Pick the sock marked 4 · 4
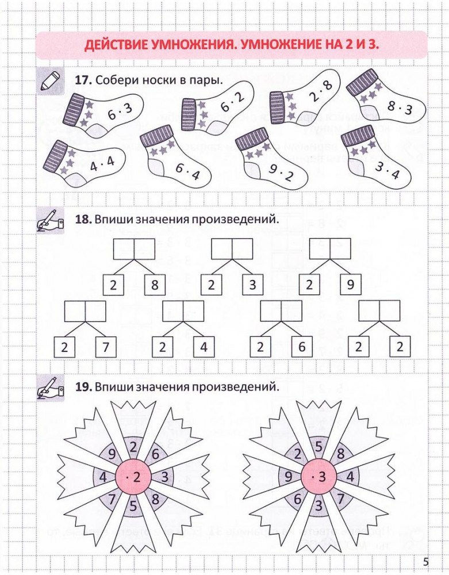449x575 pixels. pos(86,164)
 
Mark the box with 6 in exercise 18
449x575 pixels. pos(301,347)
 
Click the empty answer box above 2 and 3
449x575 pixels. pos(232,249)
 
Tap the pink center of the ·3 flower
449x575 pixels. pos(318,477)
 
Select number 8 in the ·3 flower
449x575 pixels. pos(340,454)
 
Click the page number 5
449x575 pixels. pos(425,561)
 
